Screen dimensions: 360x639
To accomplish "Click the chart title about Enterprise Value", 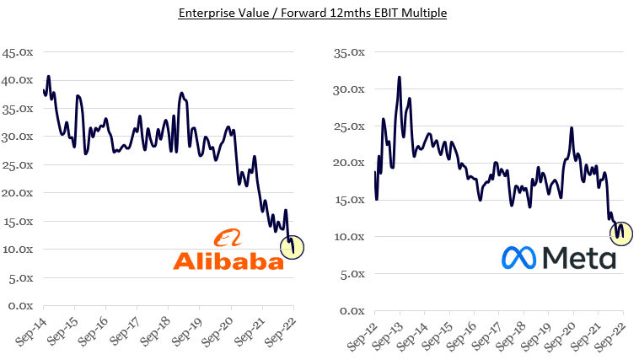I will click(319, 13).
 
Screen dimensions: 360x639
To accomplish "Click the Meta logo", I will click(558, 257).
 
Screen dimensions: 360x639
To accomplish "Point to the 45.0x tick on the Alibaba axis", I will click(18, 52).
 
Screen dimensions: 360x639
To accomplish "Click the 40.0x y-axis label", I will click(18, 80).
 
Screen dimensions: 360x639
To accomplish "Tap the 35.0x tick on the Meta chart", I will click(347, 52).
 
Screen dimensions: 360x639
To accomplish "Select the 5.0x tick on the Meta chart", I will click(350, 273).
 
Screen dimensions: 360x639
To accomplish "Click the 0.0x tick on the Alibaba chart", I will click(20, 305).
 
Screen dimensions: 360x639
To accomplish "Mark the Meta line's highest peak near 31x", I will click(399, 78).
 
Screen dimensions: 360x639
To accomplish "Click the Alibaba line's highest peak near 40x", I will click(48, 77).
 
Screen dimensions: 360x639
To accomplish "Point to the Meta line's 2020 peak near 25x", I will click(572, 128).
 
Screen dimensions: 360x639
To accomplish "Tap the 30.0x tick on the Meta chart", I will click(347, 89).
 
